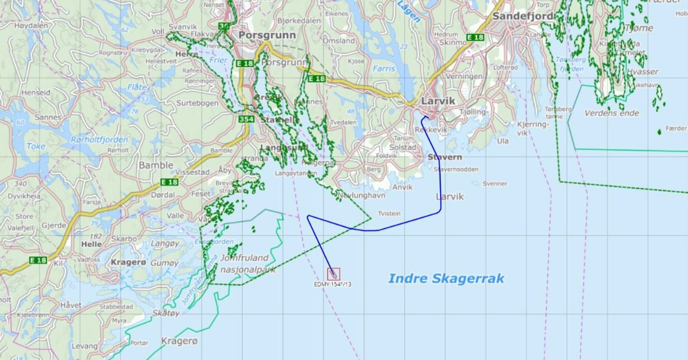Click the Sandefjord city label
523,16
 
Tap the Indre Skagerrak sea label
446,278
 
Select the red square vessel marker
333,274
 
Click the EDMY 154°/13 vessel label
332,284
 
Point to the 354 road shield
246,119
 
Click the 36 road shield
224,26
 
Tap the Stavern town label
444,157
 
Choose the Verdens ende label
612,113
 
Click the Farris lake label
384,69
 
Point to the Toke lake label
36,146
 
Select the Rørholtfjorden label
99,140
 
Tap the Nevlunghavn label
361,195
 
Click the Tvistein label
389,213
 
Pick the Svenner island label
494,184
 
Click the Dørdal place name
163,195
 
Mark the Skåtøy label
166,313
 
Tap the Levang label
84,346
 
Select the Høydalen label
31,25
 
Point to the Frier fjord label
218,60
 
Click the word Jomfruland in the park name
244,258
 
